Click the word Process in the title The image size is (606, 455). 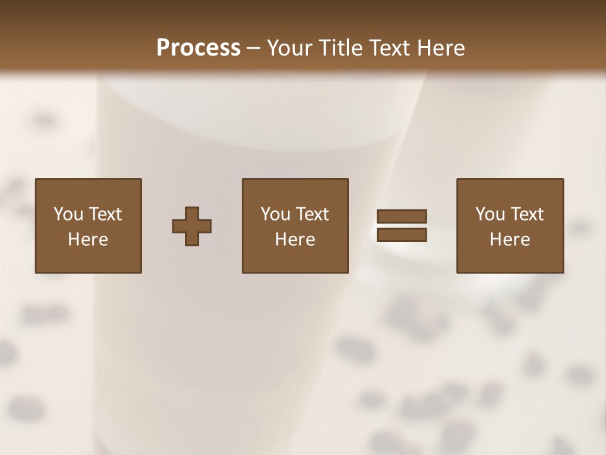click(198, 48)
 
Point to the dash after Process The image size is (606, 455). click(254, 48)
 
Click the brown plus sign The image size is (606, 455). click(192, 226)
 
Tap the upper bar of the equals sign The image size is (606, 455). click(401, 216)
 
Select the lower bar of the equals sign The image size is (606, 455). click(401, 235)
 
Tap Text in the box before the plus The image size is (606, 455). click(105, 214)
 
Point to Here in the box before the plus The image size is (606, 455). click(88, 240)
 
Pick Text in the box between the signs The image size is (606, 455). click(312, 214)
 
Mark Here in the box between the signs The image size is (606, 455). click(295, 240)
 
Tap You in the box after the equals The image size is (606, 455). click(490, 214)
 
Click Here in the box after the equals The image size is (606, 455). click(510, 240)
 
